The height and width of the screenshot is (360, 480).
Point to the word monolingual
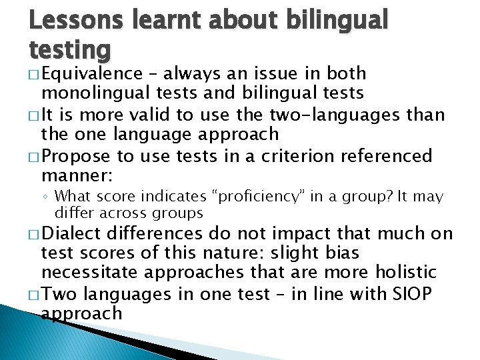click(x=93, y=94)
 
